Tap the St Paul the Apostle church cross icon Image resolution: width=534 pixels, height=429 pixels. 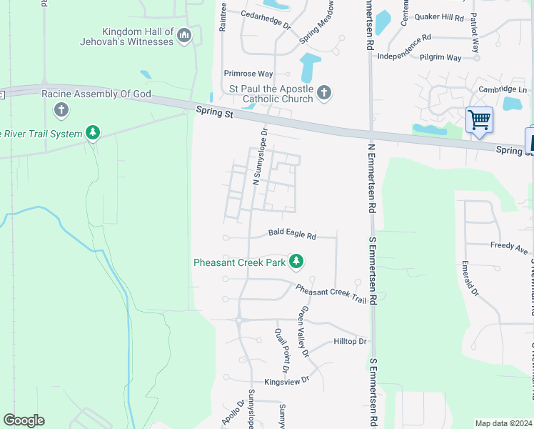[324, 92]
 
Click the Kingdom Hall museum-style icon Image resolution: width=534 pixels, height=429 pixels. [184, 35]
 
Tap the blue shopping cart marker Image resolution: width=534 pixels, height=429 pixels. [479, 119]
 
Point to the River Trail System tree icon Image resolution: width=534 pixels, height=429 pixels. [92, 132]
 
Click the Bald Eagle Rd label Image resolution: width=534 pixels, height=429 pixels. [292, 233]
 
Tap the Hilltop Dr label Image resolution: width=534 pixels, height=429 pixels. [350, 342]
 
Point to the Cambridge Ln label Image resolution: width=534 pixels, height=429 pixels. [503, 89]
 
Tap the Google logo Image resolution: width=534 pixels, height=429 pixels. [24, 420]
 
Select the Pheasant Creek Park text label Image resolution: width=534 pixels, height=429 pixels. [240, 262]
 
